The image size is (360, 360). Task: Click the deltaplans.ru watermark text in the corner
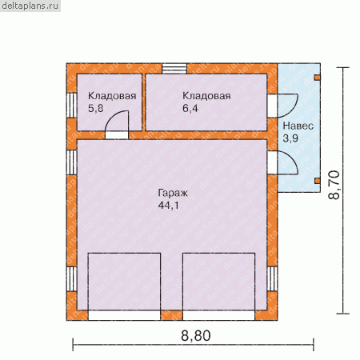[30, 6]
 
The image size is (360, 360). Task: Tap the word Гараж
[173, 193]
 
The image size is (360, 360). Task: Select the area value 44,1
[168, 206]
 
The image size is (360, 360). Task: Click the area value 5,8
[95, 108]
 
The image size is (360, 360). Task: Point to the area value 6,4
[190, 108]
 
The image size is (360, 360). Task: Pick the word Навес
[298, 126]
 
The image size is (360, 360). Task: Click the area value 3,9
[290, 138]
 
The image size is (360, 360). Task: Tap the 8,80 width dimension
[196, 335]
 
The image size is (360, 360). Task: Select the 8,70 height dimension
[334, 185]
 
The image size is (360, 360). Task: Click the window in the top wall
[174, 69]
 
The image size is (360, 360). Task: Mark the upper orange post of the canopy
[318, 78]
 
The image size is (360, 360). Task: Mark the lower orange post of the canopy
[318, 181]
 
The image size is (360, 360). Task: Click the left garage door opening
[124, 315]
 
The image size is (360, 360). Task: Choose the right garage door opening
[218, 315]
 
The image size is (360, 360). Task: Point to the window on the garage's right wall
[272, 278]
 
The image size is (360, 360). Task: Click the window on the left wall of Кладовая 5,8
[72, 105]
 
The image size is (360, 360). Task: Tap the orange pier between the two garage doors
[171, 315]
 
